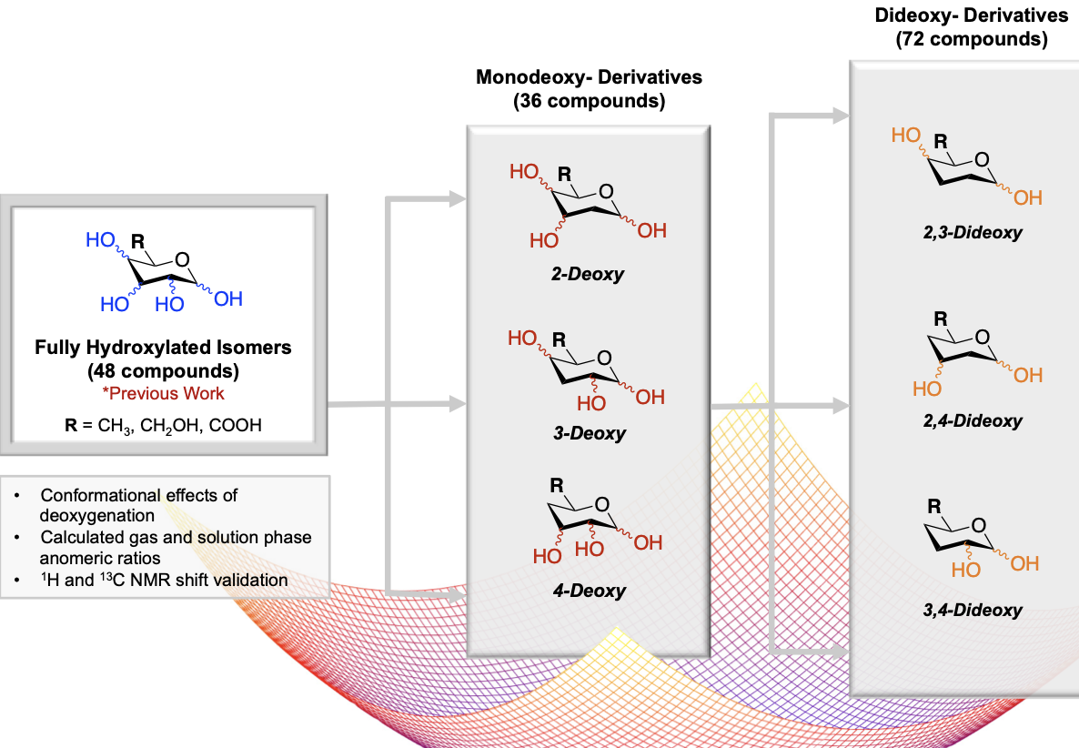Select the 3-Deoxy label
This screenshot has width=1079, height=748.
[x=590, y=433]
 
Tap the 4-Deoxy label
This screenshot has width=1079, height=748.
[x=590, y=591]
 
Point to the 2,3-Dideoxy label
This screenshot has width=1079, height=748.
[x=972, y=233]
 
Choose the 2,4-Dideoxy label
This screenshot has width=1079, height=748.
[x=972, y=421]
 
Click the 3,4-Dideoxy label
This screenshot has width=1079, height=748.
[x=972, y=611]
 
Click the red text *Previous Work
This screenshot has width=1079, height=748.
[x=163, y=394]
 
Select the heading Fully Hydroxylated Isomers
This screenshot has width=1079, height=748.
[x=163, y=349]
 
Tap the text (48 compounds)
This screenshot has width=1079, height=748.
[x=163, y=371]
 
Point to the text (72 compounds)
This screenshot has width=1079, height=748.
[x=971, y=39]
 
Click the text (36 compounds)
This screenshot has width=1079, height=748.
[x=589, y=101]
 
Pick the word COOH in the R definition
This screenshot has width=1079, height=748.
[x=235, y=424]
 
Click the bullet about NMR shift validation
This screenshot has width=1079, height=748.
[x=164, y=579]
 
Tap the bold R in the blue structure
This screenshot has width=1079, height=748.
[x=138, y=242]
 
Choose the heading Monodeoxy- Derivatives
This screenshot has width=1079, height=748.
[x=589, y=77]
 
